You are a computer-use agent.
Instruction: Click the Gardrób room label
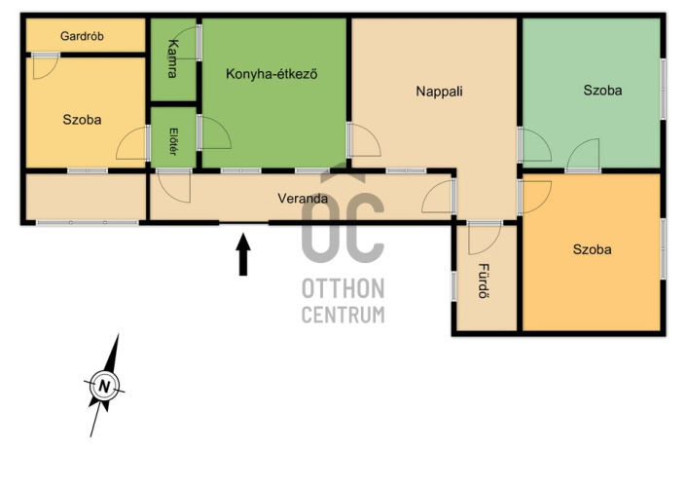[x=82, y=36]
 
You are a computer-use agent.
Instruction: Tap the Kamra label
[x=173, y=58]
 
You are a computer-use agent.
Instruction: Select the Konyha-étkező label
[x=271, y=74]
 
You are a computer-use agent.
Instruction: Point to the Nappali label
[x=439, y=92]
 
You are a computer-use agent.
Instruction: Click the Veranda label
[x=303, y=199]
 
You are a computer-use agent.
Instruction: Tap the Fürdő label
[x=483, y=281]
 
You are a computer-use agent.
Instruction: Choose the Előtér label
[x=173, y=141]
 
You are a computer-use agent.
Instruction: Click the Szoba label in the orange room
[x=592, y=249]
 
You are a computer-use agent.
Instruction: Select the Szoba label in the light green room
[x=602, y=90]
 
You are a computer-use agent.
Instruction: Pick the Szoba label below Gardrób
[x=82, y=120]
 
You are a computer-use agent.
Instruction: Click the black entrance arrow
[x=243, y=254]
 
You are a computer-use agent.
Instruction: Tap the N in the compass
[x=104, y=387]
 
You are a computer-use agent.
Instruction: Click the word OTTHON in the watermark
[x=343, y=288]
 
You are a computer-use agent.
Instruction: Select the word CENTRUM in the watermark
[x=343, y=315]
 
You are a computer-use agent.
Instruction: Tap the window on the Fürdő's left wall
[x=453, y=286]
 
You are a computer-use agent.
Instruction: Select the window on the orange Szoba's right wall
[x=663, y=248]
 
